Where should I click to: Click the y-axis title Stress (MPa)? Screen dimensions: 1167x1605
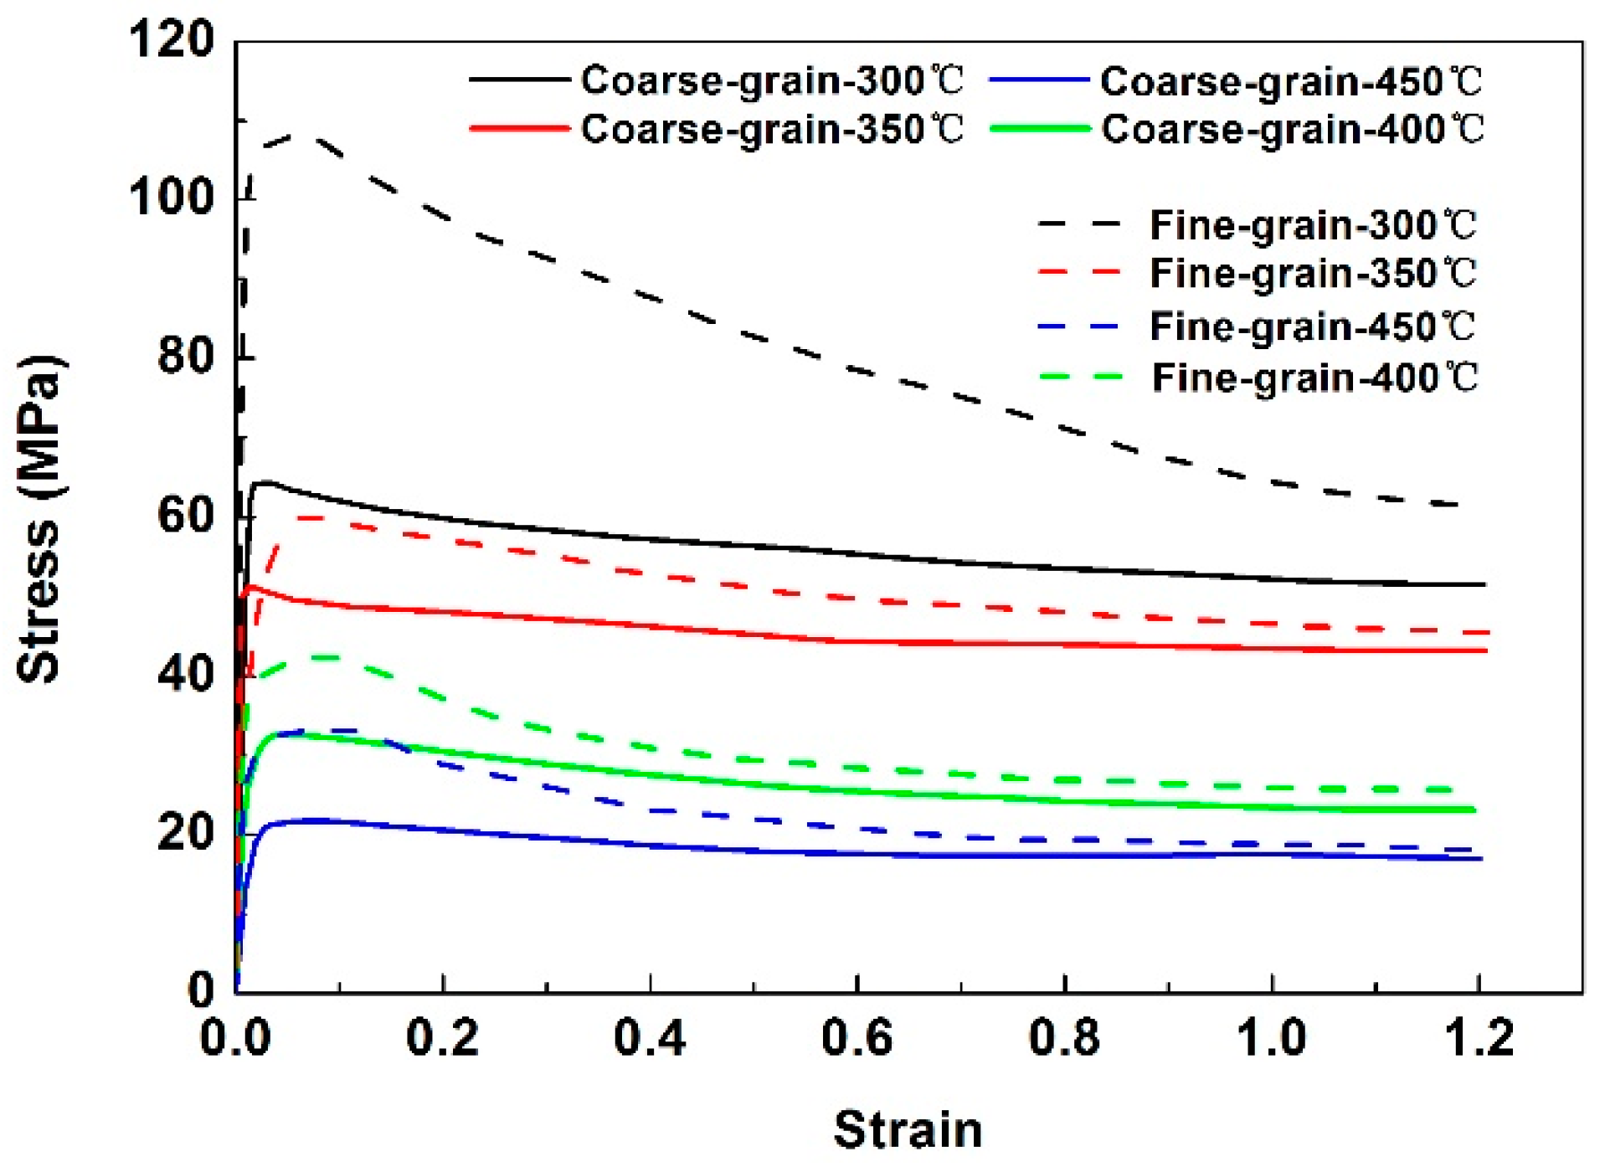tap(39, 519)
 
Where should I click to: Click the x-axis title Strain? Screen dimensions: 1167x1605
tap(908, 1129)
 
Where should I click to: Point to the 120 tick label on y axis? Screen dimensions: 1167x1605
tap(172, 39)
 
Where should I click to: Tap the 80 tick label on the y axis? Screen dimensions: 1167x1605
tap(185, 356)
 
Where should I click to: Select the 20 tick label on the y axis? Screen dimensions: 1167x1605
tap(185, 832)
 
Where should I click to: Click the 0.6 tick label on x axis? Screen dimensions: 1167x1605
tap(857, 1038)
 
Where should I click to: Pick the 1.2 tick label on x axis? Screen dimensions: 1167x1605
tap(1479, 1038)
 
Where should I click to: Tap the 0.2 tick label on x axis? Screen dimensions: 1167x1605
tap(442, 1038)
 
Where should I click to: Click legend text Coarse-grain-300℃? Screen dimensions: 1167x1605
tap(772, 81)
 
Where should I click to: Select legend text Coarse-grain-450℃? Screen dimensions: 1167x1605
tap(1291, 82)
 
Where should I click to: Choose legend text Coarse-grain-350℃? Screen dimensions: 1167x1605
tap(772, 130)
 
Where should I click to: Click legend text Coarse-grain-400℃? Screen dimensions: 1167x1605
tap(1292, 130)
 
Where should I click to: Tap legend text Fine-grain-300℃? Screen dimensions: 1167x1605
tap(1313, 225)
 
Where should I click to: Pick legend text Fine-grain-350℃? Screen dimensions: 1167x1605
tap(1313, 274)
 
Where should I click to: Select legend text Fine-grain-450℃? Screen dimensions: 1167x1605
tap(1312, 326)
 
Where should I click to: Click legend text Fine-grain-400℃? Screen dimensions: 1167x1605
tap(1314, 378)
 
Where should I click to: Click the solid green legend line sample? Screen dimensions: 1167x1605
tap(1039, 129)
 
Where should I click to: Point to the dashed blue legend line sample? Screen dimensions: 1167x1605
tap(1078, 326)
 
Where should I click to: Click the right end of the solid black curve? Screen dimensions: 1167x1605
tap(1484, 584)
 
